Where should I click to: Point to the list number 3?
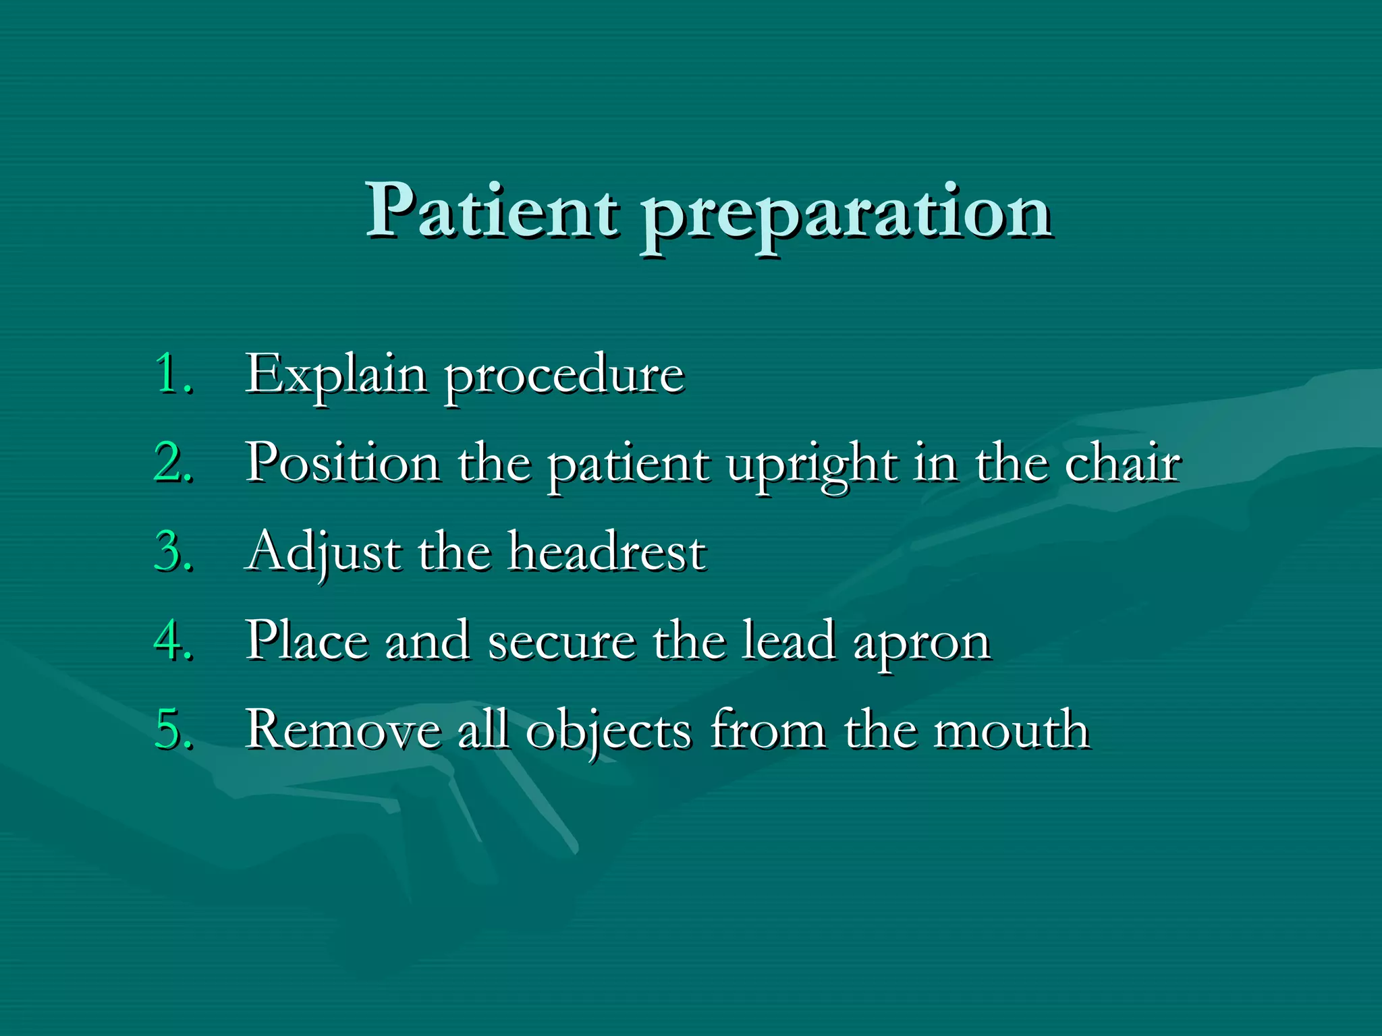click(173, 551)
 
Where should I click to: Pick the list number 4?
click(173, 640)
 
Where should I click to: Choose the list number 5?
click(173, 729)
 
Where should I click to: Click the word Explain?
click(335, 375)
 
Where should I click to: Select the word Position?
click(343, 463)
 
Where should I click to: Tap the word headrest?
click(607, 552)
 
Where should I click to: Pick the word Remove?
click(343, 730)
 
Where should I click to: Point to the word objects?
click(609, 731)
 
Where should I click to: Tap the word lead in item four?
click(788, 641)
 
